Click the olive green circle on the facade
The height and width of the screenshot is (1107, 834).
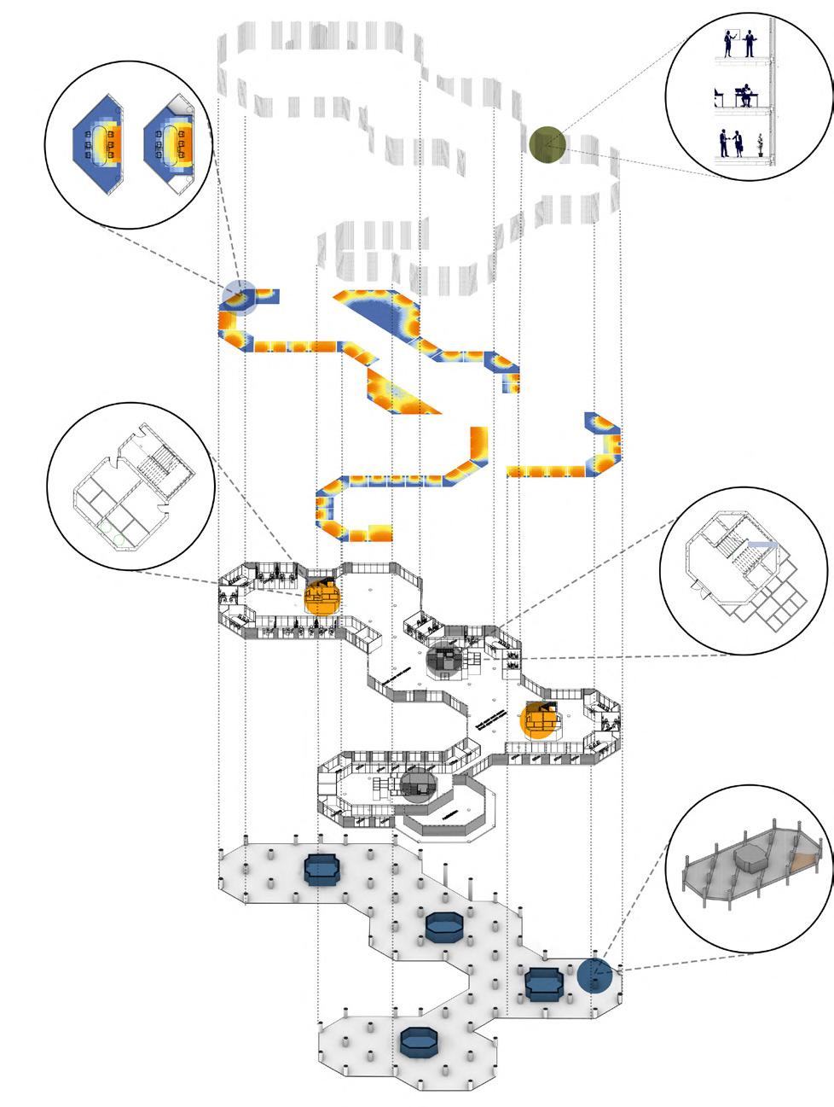pyautogui.click(x=546, y=143)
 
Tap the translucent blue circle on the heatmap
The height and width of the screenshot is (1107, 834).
pyautogui.click(x=238, y=298)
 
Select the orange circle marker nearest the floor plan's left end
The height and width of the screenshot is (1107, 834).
pyautogui.click(x=321, y=595)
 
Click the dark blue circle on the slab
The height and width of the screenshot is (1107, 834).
pyautogui.click(x=594, y=976)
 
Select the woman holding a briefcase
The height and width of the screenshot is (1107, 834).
pyautogui.click(x=739, y=144)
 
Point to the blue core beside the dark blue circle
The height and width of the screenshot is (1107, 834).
pyautogui.click(x=542, y=983)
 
